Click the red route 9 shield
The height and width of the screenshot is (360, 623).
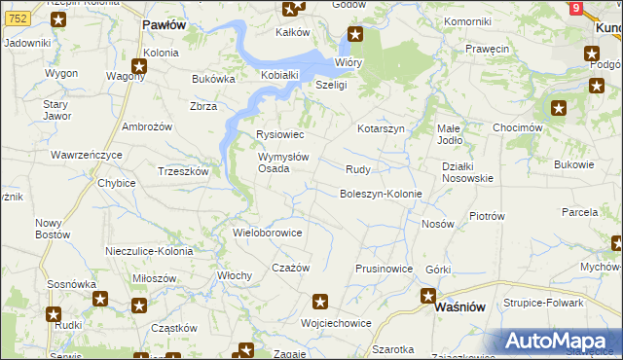tap(576, 8)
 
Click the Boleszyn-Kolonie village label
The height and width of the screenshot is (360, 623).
tap(380, 194)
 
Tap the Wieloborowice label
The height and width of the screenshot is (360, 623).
tap(269, 234)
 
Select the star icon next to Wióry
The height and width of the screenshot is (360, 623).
tap(355, 38)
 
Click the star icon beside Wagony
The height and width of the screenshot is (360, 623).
tap(139, 66)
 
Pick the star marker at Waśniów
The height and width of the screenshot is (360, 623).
tap(427, 296)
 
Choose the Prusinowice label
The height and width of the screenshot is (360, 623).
tap(384, 269)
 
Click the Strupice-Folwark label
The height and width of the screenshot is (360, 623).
tap(543, 303)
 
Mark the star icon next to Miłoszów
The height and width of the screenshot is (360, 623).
tap(139, 306)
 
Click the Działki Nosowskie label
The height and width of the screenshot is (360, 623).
tap(467, 172)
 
